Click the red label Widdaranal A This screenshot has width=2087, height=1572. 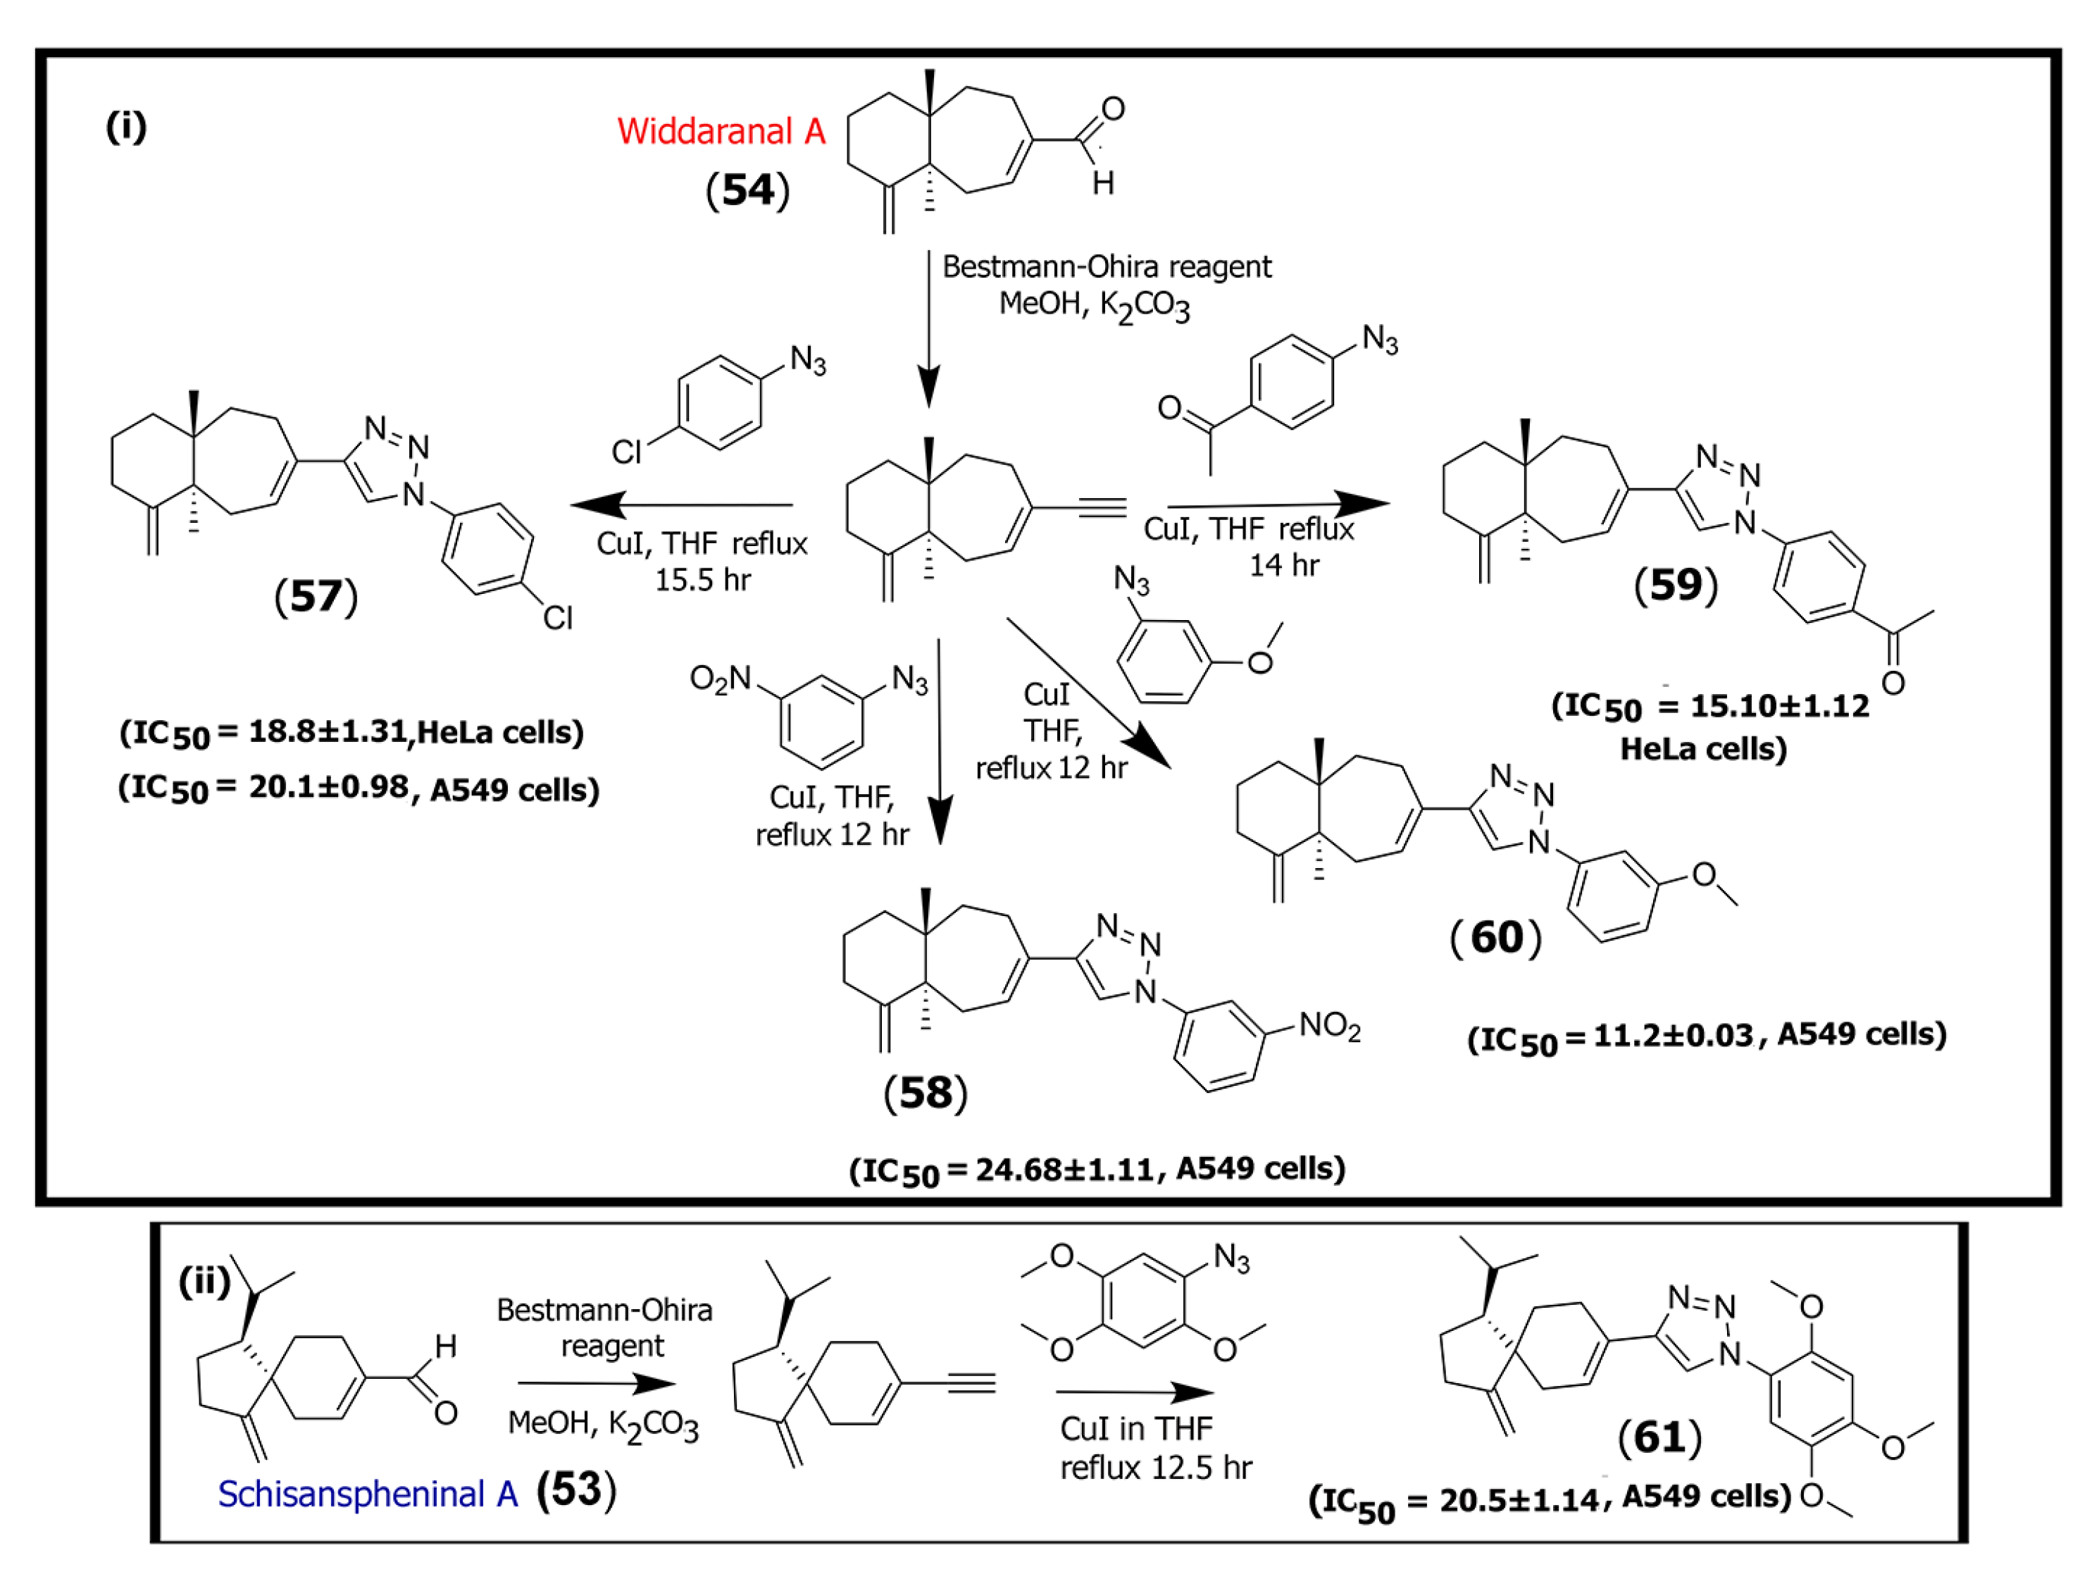(721, 131)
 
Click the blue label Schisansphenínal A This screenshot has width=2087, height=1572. (368, 1494)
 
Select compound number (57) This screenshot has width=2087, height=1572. (316, 596)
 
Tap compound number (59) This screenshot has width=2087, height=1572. (1676, 585)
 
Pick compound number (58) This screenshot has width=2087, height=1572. (926, 1093)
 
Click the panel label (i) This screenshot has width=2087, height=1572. (125, 125)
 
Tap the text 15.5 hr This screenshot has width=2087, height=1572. (703, 579)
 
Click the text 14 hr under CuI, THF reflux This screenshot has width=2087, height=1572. (1284, 565)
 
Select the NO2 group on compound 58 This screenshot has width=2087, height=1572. (1329, 1026)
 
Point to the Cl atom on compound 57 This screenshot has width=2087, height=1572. (558, 618)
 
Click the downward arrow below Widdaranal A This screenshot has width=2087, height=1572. (928, 330)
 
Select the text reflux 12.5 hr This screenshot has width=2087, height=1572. (1156, 1467)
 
